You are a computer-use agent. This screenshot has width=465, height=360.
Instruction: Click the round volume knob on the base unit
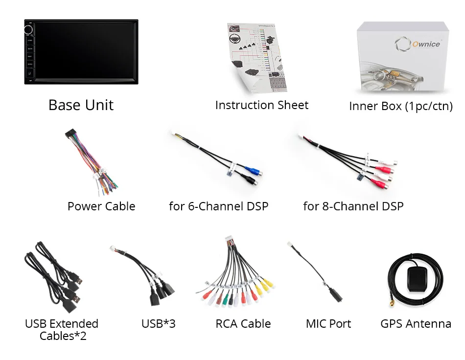click(x=28, y=30)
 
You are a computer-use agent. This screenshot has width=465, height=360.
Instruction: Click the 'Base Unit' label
click(x=81, y=105)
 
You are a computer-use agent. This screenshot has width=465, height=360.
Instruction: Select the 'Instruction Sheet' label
click(x=262, y=105)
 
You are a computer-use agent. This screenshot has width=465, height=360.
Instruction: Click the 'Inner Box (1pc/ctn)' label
click(x=400, y=106)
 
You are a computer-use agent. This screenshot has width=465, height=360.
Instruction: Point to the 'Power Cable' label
click(x=101, y=206)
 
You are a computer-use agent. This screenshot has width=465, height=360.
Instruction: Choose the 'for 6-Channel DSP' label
click(x=218, y=206)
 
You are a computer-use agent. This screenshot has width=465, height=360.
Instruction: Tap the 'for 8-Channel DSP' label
click(x=353, y=206)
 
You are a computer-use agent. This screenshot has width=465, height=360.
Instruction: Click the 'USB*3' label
click(x=158, y=323)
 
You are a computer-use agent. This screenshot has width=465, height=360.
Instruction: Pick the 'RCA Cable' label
click(x=243, y=323)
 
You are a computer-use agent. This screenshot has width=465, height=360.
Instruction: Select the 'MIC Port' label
click(x=328, y=323)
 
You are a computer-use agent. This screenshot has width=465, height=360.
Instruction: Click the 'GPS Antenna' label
click(x=416, y=323)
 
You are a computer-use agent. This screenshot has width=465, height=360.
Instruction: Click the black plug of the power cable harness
click(x=70, y=135)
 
